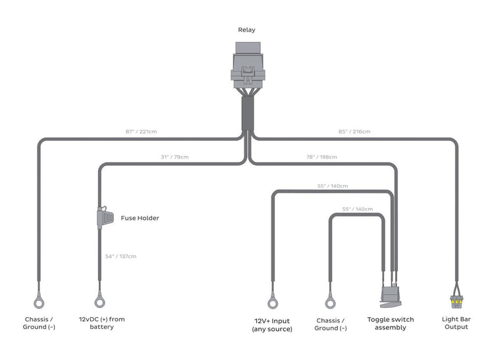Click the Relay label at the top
click(246, 30)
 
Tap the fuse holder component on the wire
click(102, 218)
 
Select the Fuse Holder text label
click(140, 218)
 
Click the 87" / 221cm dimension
click(141, 132)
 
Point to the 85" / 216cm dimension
click(354, 132)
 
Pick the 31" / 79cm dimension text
click(174, 157)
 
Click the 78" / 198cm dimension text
click(321, 157)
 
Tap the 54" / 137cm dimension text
click(121, 256)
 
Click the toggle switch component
click(391, 296)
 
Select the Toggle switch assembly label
click(391, 324)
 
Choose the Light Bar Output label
click(456, 323)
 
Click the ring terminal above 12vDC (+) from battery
click(100, 301)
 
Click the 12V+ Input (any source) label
click(272, 324)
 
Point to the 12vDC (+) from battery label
click(101, 323)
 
